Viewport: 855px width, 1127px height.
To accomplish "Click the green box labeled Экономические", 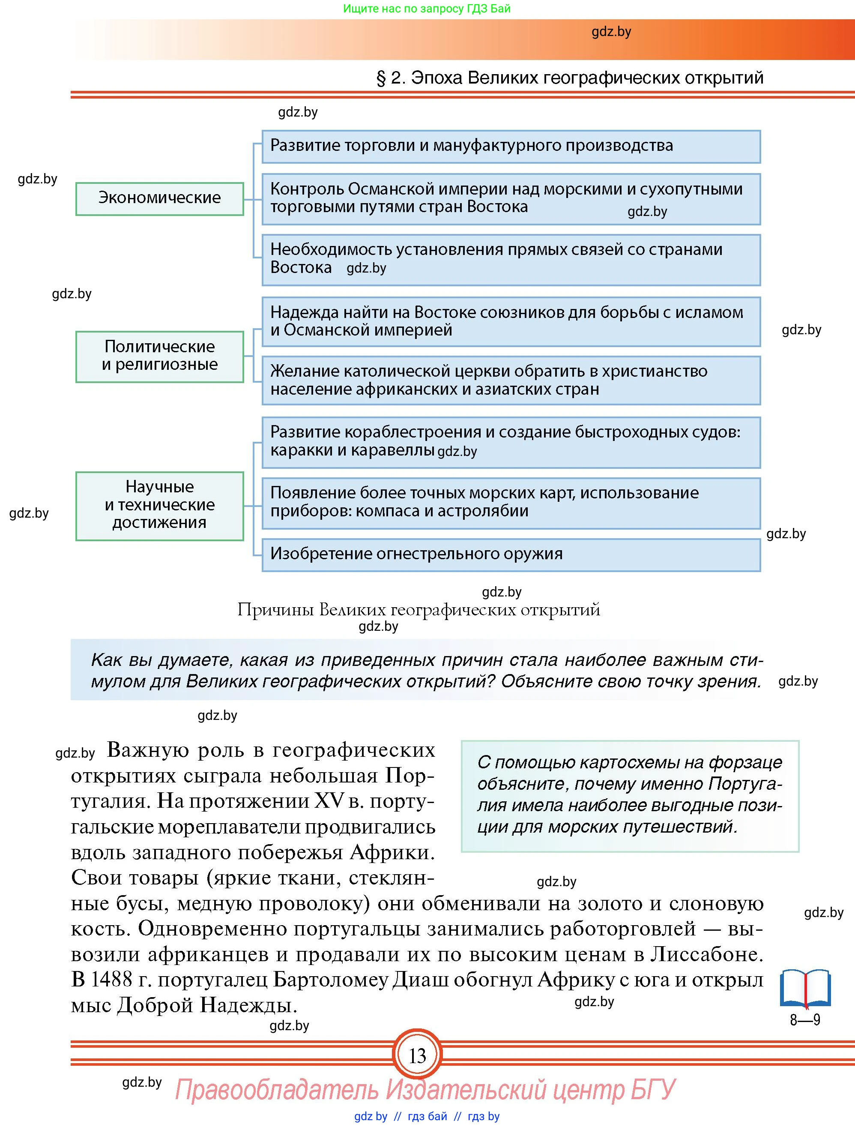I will pyautogui.click(x=159, y=199).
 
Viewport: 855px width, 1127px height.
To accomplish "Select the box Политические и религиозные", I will pyautogui.click(x=159, y=356).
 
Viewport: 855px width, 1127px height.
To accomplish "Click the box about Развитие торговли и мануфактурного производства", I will pyautogui.click(x=511, y=146).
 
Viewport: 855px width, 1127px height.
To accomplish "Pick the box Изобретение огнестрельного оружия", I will pyautogui.click(x=511, y=555).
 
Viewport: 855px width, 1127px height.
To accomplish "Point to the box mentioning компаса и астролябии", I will pyautogui.click(x=511, y=502).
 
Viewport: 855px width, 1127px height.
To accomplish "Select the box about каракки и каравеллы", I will pyautogui.click(x=511, y=442).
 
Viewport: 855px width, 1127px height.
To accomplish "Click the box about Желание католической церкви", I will pyautogui.click(x=511, y=380).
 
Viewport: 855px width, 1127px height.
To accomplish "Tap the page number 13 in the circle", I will pyautogui.click(x=417, y=1056).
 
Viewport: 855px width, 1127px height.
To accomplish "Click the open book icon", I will pyautogui.click(x=805, y=989).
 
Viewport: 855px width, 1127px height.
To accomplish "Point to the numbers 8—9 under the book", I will pyautogui.click(x=805, y=1020).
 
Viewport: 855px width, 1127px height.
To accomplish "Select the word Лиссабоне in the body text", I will pyautogui.click(x=706, y=954).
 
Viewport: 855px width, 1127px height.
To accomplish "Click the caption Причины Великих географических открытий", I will pyautogui.click(x=419, y=610).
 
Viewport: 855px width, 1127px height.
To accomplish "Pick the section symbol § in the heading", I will pyautogui.click(x=381, y=78).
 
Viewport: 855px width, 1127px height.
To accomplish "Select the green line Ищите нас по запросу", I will pyautogui.click(x=427, y=9).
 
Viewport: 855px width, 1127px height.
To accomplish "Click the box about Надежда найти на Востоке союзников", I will pyautogui.click(x=511, y=321).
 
